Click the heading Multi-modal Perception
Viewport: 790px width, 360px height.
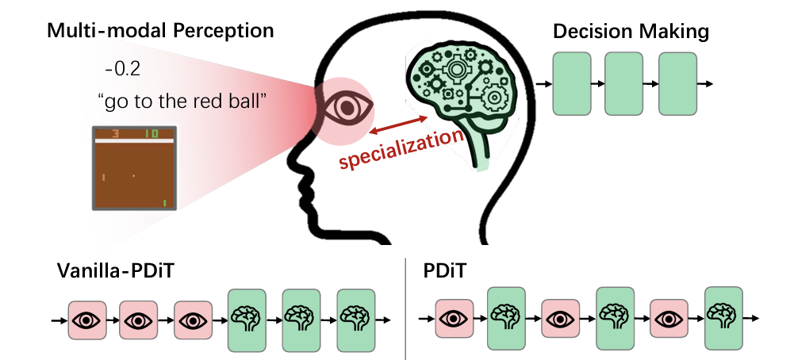(x=160, y=32)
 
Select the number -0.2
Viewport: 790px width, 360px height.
(x=122, y=69)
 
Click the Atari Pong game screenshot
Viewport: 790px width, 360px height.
(x=133, y=167)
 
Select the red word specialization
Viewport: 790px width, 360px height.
(x=401, y=148)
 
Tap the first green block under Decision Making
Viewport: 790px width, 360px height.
(x=572, y=83)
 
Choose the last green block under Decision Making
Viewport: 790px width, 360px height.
(x=677, y=83)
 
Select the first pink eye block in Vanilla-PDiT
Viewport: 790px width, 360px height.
(x=87, y=320)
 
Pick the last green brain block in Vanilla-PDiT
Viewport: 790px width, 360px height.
(x=356, y=320)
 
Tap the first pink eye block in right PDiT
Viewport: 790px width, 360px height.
(x=453, y=320)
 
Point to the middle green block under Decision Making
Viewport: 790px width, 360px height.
(x=623, y=83)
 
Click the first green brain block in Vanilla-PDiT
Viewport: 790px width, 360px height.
(x=247, y=320)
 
